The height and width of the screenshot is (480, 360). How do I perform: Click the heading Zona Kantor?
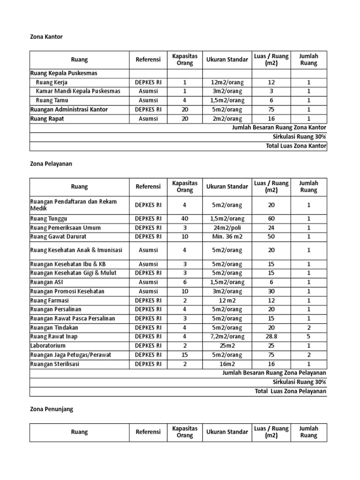tap(46, 36)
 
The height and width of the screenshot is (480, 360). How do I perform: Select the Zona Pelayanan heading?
tap(51, 164)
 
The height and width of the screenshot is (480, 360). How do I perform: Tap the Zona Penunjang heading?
tap(52, 409)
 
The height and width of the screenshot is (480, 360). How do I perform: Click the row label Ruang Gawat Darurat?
tap(58, 237)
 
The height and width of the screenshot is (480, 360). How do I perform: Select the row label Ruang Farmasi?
tap(49, 300)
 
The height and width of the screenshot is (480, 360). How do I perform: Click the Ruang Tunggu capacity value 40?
tap(185, 218)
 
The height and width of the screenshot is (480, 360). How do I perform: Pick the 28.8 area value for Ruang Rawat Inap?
tap(271, 337)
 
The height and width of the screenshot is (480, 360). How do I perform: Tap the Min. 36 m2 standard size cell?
tap(227, 237)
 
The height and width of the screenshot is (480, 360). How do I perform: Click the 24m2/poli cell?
tap(227, 228)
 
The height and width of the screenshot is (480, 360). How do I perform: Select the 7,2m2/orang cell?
tap(227, 337)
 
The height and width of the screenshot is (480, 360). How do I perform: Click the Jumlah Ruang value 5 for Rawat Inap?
tap(308, 337)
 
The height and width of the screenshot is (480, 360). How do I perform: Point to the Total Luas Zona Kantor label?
tap(296, 146)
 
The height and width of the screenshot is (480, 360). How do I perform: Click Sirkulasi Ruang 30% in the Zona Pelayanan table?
tap(300, 382)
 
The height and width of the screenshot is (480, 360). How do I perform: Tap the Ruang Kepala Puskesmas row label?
tap(64, 73)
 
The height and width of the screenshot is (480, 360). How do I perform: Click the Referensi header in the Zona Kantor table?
tap(148, 60)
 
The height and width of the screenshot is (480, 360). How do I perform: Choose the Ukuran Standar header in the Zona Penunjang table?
tap(227, 432)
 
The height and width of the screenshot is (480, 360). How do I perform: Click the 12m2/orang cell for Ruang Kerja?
tap(227, 82)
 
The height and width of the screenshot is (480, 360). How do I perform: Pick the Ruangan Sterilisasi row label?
tap(53, 364)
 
